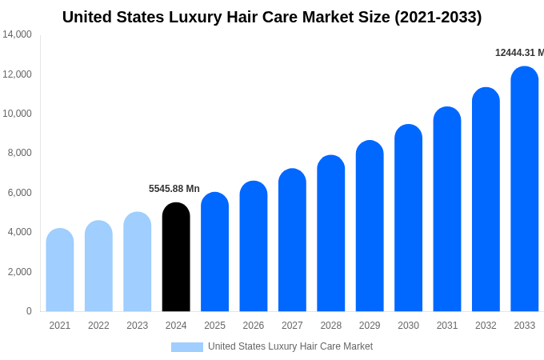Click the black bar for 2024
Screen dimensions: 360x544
click(x=176, y=258)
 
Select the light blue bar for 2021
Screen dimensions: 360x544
click(x=60, y=270)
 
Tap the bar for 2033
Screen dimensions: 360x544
click(x=524, y=190)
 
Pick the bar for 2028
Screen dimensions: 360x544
click(x=330, y=234)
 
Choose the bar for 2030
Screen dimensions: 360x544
click(x=408, y=218)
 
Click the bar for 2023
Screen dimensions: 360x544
click(x=138, y=262)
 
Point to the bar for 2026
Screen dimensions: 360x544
click(x=254, y=246)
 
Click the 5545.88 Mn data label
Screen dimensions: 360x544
click(x=174, y=189)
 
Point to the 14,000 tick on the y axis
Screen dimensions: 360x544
click(x=17, y=34)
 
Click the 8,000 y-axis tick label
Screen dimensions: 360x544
click(x=19, y=153)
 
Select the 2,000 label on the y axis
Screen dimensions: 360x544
click(x=19, y=272)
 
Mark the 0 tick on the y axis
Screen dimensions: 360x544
click(x=29, y=311)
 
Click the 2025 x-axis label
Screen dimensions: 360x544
click(x=214, y=326)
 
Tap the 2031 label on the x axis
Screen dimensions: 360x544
click(x=447, y=326)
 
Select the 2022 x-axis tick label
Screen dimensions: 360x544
click(x=98, y=326)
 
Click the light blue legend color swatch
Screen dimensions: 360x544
click(x=186, y=347)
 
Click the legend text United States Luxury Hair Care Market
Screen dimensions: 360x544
click(x=290, y=346)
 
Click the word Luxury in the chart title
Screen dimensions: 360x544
click(x=191, y=17)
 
